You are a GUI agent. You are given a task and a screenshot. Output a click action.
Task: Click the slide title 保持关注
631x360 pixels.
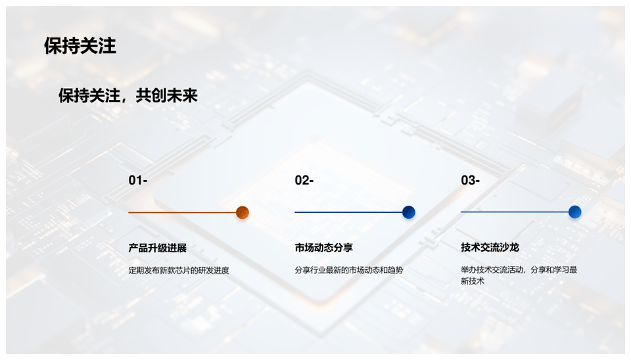(80, 46)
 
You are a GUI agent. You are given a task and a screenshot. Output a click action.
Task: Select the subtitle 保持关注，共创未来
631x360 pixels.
(128, 96)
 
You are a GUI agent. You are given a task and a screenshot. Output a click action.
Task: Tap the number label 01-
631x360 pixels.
(138, 180)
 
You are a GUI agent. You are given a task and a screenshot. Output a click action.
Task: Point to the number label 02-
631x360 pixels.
(304, 180)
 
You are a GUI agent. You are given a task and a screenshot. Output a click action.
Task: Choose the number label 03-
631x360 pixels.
(471, 180)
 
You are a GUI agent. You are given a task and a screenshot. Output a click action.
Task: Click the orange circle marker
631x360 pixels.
(243, 212)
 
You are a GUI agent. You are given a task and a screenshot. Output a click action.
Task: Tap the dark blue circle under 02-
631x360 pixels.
(408, 212)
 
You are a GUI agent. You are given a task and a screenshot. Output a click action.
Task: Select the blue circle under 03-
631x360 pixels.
(574, 212)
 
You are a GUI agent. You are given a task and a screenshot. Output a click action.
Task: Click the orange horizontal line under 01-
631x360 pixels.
(182, 212)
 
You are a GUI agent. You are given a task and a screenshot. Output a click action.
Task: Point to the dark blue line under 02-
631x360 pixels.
(348, 212)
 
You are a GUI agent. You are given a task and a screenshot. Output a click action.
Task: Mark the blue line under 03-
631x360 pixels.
(515, 212)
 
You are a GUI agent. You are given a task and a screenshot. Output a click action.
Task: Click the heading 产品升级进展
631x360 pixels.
(157, 248)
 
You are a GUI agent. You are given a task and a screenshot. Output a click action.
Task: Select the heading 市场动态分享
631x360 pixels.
(323, 248)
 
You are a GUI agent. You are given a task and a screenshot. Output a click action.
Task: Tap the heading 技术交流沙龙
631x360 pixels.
(490, 248)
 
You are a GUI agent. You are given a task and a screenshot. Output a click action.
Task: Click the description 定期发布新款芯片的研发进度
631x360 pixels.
(179, 270)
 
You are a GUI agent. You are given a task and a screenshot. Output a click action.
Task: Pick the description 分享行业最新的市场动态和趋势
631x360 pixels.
(349, 270)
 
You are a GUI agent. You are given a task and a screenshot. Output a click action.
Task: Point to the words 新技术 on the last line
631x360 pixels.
(473, 281)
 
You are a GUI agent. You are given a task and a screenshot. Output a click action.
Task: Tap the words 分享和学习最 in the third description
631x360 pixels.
(553, 269)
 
